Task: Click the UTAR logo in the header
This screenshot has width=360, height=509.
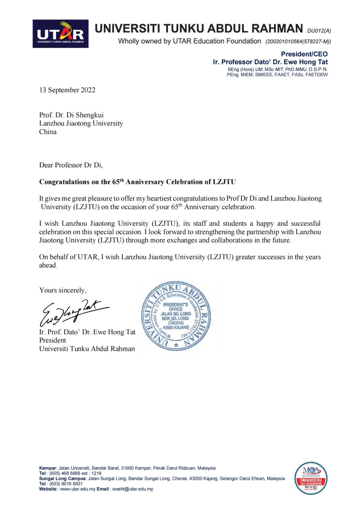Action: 60,34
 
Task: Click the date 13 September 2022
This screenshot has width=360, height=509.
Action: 67,90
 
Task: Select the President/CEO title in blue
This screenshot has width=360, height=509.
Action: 304,54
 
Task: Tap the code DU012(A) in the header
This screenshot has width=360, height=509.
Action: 319,31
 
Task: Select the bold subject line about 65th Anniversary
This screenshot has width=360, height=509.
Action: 137,182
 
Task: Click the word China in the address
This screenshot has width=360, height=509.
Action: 48,132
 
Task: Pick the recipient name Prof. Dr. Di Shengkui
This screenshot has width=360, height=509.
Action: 71,115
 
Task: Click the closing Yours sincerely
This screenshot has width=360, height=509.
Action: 63,290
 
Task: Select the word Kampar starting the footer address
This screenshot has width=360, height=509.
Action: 47,468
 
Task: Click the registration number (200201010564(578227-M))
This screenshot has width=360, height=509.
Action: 298,41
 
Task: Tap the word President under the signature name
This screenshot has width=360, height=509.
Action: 52,340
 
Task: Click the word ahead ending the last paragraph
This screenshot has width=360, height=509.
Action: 47,265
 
